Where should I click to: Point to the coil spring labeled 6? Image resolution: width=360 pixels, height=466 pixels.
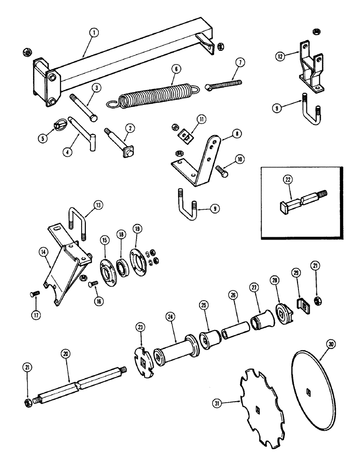tap(154, 96)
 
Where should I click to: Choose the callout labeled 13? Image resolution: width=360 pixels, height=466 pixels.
tap(99, 205)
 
